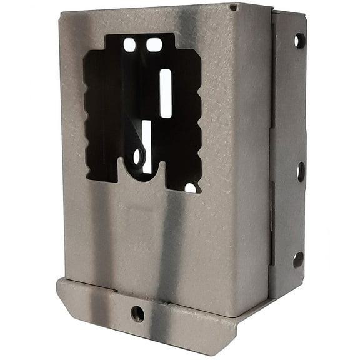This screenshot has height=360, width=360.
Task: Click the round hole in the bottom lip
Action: pyautogui.click(x=137, y=314)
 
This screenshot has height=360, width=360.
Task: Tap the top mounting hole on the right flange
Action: pyautogui.click(x=299, y=41)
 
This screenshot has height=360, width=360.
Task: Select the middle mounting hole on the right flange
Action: pyautogui.click(x=301, y=171)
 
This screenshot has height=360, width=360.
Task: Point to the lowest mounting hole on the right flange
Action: pyautogui.click(x=298, y=258)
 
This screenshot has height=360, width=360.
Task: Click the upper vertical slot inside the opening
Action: pyautogui.click(x=166, y=93)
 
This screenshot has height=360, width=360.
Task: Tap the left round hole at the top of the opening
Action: pyautogui.click(x=130, y=45)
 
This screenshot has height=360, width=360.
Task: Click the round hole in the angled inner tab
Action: pyautogui.click(x=137, y=157)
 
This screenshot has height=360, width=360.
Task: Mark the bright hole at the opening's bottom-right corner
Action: pyautogui.click(x=191, y=187)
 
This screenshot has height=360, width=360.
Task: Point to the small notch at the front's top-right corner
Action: pyautogui.click(x=233, y=7)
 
